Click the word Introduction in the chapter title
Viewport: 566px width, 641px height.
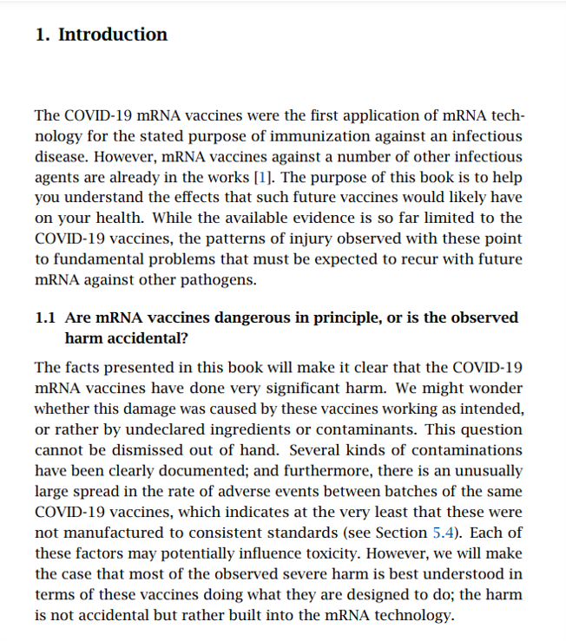coord(113,36)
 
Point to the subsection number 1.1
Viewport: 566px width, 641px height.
coord(46,317)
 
